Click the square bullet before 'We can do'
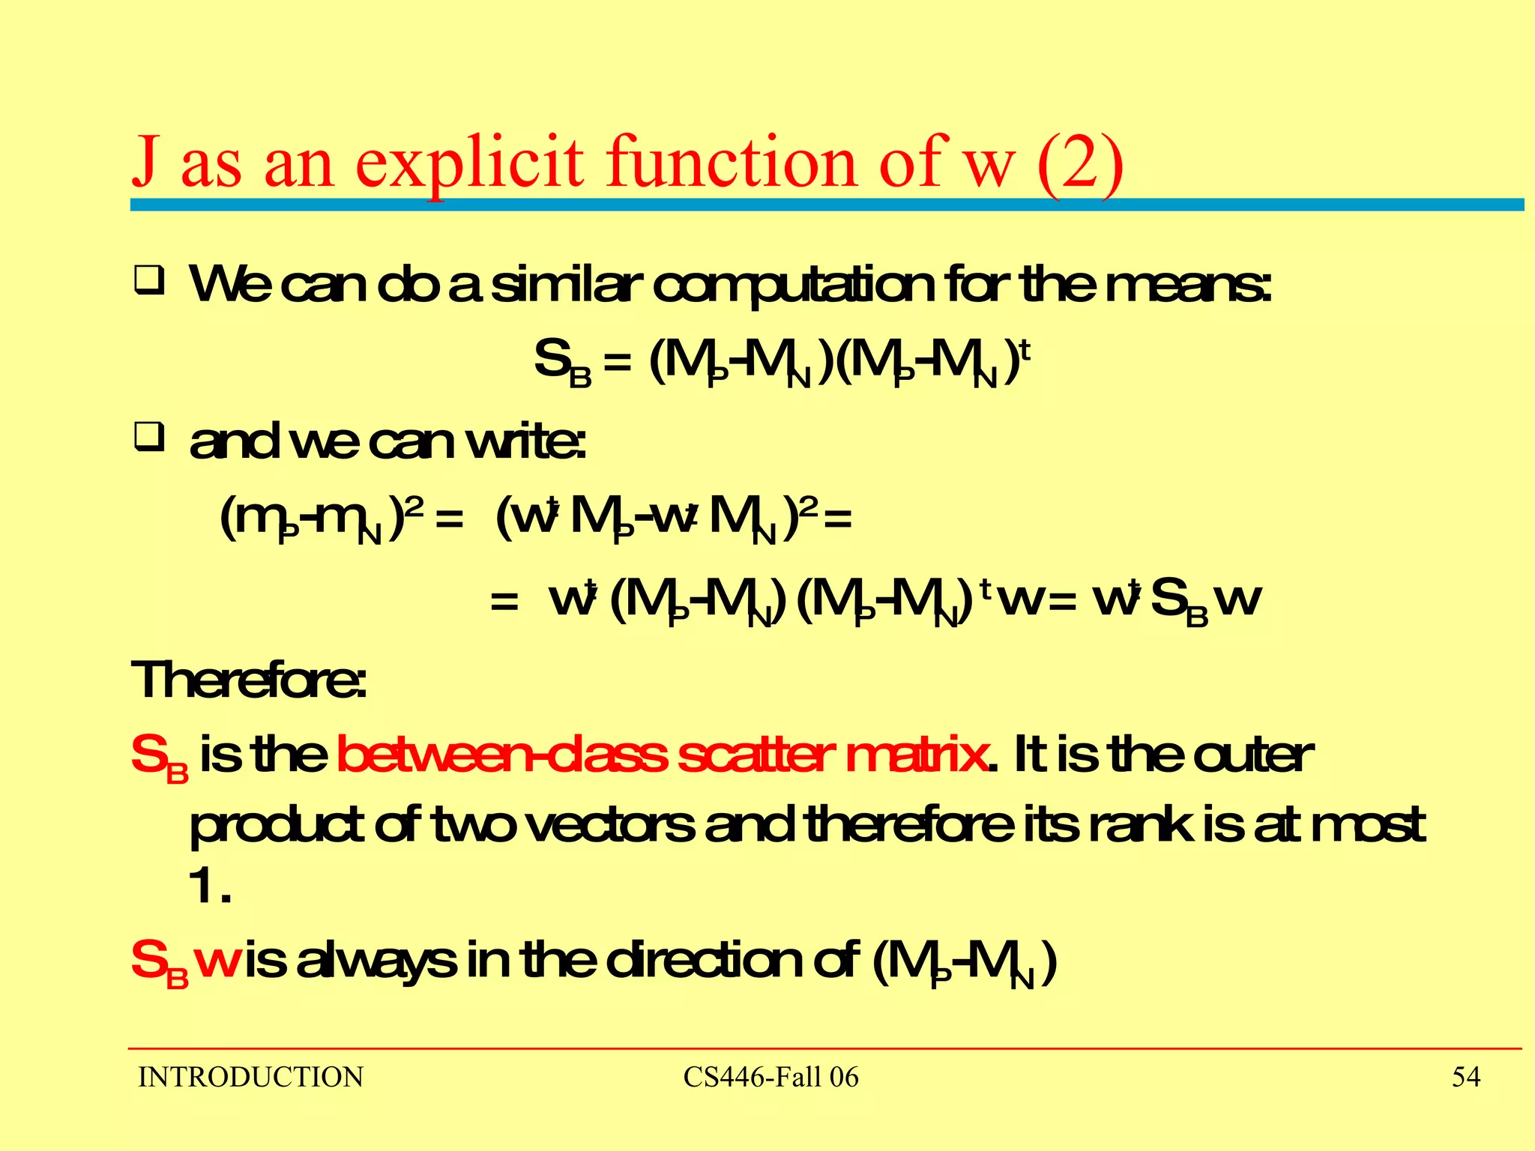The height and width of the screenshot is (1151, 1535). click(149, 282)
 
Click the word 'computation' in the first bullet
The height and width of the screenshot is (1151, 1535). click(794, 286)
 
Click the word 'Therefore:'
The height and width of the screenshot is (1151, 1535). click(249, 680)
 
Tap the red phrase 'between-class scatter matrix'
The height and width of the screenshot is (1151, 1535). click(662, 755)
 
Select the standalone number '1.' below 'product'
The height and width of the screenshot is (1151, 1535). click(209, 887)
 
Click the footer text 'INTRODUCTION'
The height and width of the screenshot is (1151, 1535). click(250, 1078)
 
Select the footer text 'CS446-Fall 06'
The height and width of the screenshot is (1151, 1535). click(770, 1078)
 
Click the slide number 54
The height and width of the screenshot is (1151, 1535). click(1465, 1078)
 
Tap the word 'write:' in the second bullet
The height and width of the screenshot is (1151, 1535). click(525, 442)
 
